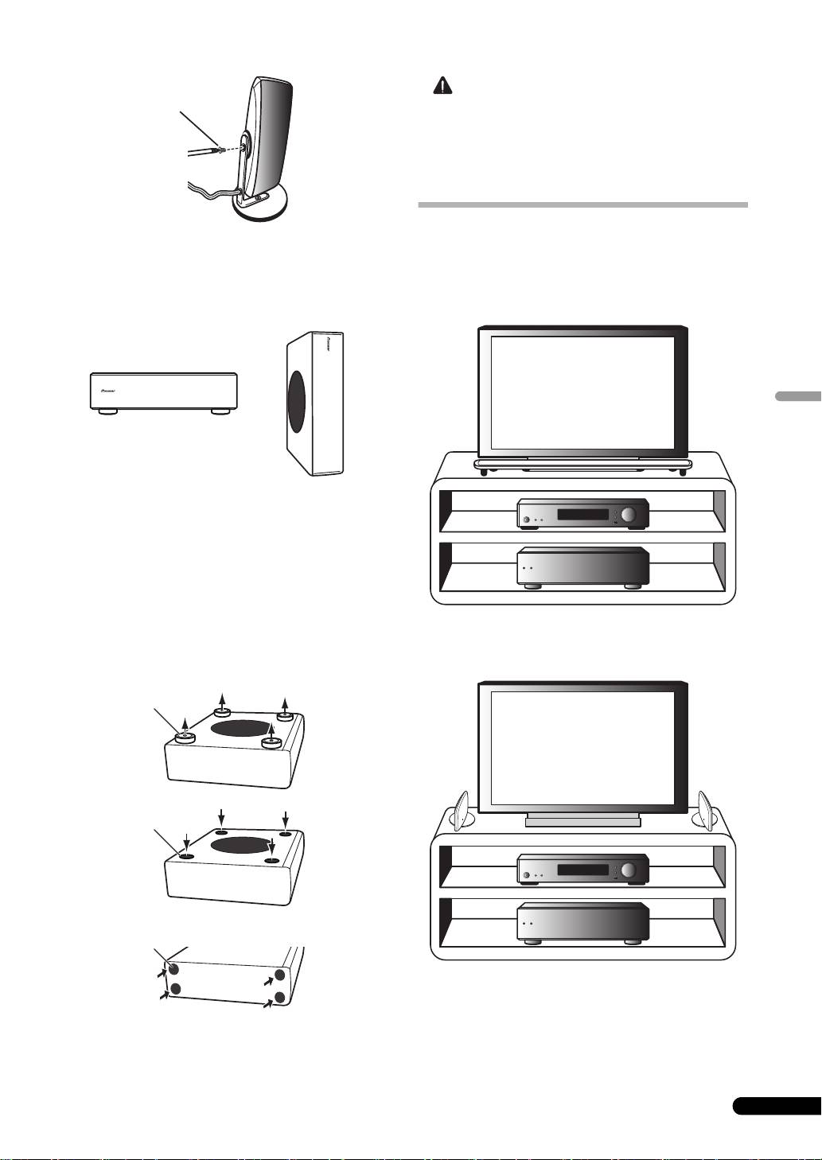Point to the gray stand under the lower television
582,820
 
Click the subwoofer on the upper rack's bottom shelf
582,567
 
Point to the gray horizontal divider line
582,205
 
